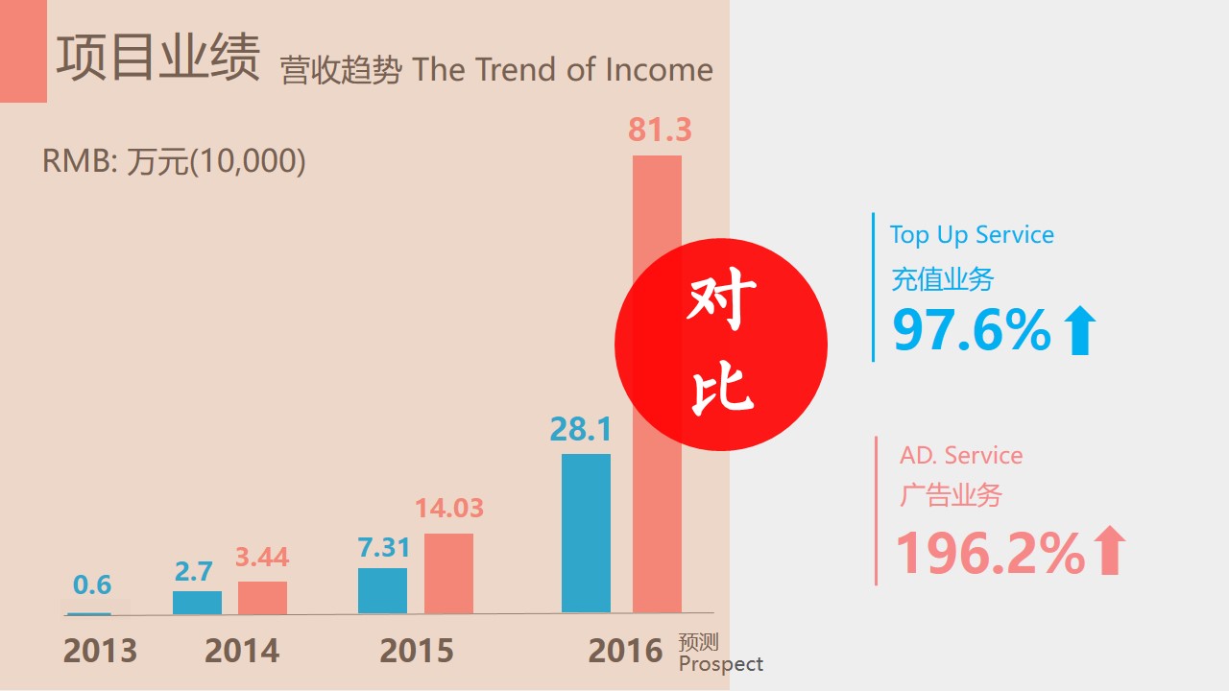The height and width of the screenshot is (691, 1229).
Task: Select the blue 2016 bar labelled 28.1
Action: (x=586, y=533)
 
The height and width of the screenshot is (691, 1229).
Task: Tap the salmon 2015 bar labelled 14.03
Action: (x=448, y=573)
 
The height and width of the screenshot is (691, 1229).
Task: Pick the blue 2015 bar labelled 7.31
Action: (x=382, y=590)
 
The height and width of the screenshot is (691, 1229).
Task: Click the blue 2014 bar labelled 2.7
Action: (x=197, y=603)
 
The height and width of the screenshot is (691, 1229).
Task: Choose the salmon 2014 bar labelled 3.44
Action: (x=262, y=598)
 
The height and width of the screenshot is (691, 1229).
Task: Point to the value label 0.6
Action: (x=92, y=584)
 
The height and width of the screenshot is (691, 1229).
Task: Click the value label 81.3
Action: (x=660, y=130)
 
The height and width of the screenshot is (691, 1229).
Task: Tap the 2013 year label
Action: (x=100, y=651)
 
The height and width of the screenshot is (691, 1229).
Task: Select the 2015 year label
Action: (x=417, y=651)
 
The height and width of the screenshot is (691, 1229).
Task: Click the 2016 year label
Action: (x=625, y=651)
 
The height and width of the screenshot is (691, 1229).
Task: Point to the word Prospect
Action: (x=721, y=664)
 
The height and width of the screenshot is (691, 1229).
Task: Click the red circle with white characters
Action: (x=721, y=345)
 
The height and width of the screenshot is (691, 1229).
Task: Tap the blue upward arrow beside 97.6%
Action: (x=1080, y=330)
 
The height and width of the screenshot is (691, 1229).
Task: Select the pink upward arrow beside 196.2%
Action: (x=1109, y=550)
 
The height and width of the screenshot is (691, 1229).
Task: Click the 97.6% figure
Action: (x=972, y=329)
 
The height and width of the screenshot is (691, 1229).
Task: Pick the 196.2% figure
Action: (x=990, y=553)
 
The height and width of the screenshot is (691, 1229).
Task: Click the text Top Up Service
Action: (x=972, y=235)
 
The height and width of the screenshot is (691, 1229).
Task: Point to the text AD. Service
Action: (x=961, y=456)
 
